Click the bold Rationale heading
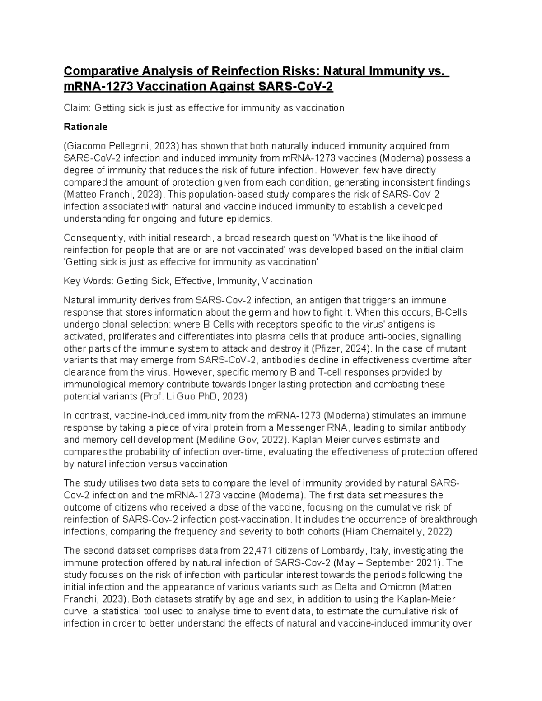86,127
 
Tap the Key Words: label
89,281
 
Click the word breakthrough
453,520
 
